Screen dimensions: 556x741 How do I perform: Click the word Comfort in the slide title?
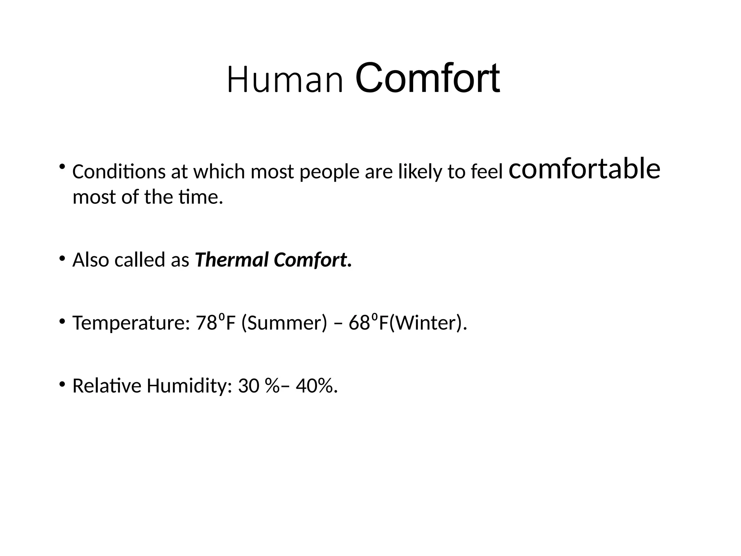428,79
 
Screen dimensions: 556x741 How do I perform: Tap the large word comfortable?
584,169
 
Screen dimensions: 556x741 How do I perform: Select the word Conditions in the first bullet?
119,172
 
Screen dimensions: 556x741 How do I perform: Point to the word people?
329,172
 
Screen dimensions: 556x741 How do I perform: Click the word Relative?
107,386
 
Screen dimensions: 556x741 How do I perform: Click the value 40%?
314,386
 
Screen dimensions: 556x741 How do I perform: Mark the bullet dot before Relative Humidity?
62,384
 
